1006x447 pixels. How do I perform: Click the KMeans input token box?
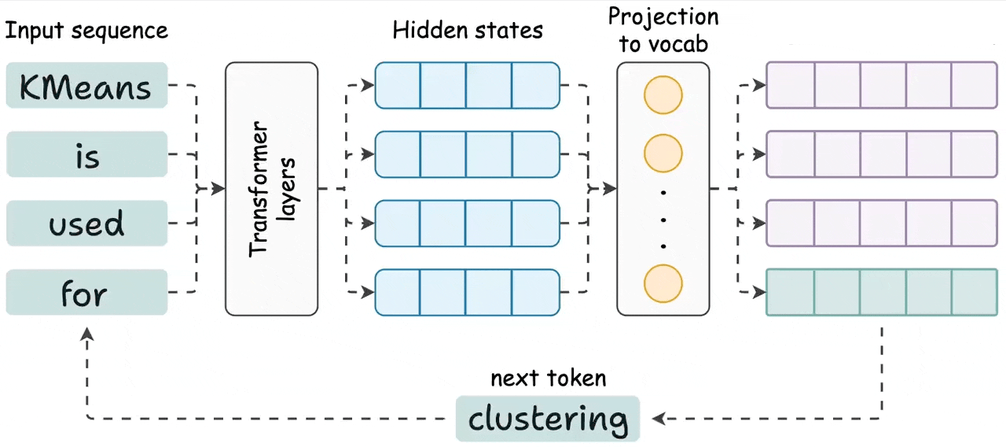pyautogui.click(x=86, y=85)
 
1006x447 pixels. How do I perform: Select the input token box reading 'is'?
pyautogui.click(x=86, y=154)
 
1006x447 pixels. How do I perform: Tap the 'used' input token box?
pyautogui.click(x=86, y=223)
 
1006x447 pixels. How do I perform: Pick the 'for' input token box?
pyautogui.click(x=86, y=293)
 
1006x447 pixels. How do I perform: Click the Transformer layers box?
pyautogui.click(x=271, y=189)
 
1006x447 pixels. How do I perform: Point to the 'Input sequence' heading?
pyautogui.click(x=86, y=31)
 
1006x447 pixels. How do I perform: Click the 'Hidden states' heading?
pyautogui.click(x=468, y=31)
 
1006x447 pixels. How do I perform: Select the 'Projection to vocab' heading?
pyautogui.click(x=663, y=30)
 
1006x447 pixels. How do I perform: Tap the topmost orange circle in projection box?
pyautogui.click(x=663, y=95)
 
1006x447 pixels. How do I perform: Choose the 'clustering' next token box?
pyautogui.click(x=548, y=419)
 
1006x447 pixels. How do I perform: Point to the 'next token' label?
pyautogui.click(x=548, y=379)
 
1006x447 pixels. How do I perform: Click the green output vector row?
pyautogui.click(x=882, y=293)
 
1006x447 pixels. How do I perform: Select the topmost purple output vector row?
pyautogui.click(x=882, y=85)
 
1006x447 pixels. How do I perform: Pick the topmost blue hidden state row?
pyautogui.click(x=467, y=85)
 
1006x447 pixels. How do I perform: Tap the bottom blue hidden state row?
pyautogui.click(x=467, y=293)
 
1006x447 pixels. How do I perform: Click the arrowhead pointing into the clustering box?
pyautogui.click(x=659, y=419)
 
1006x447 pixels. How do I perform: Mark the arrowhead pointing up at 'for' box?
pyautogui.click(x=87, y=335)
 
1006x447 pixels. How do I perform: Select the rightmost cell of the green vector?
pyautogui.click(x=975, y=293)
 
